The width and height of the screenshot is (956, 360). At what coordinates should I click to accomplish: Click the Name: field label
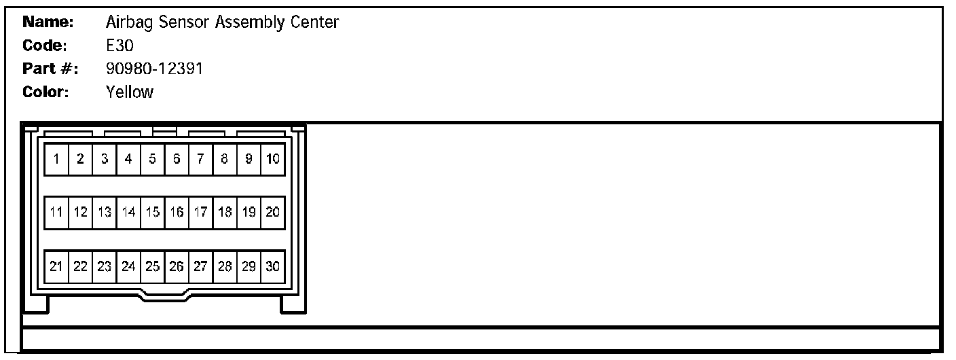coord(48,22)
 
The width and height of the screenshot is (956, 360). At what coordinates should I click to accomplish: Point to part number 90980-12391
coord(154,69)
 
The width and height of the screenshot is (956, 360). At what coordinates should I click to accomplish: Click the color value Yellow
coord(130,92)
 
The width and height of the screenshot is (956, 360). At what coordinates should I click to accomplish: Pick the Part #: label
coord(51,69)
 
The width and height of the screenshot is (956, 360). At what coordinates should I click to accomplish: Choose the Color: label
coord(46,92)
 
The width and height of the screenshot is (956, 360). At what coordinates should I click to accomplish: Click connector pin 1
coord(56,160)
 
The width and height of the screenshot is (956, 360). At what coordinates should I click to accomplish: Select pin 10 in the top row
coord(272,160)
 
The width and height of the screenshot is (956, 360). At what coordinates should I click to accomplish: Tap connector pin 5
coord(152,160)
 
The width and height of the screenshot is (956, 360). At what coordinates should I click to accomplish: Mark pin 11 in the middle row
coord(56,213)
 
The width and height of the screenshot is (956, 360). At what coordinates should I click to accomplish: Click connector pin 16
coord(177,213)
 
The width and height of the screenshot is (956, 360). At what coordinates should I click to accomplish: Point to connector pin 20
coord(272,213)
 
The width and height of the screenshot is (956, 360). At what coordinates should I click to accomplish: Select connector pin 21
coord(56,267)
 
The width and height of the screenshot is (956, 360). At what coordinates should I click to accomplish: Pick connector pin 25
coord(152,267)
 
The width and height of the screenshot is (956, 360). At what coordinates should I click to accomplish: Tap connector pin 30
coord(272,267)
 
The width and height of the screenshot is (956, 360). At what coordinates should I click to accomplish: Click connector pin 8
coord(224,160)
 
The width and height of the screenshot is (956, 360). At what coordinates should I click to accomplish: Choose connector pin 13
coord(104,213)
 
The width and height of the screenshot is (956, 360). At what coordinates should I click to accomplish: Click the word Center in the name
coord(316,22)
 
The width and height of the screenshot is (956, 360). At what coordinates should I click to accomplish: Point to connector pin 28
coord(224,267)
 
